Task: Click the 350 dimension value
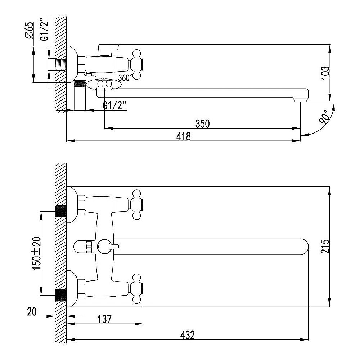(202, 124)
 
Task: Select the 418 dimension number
(184, 136)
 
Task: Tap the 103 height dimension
(325, 73)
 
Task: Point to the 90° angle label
(324, 117)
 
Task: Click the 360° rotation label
(125, 78)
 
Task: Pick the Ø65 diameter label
(29, 30)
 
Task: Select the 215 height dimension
(325, 246)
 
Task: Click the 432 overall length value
(187, 335)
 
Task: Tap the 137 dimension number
(104, 319)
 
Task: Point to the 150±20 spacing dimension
(37, 253)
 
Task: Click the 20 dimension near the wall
(32, 312)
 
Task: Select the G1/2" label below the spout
(114, 106)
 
